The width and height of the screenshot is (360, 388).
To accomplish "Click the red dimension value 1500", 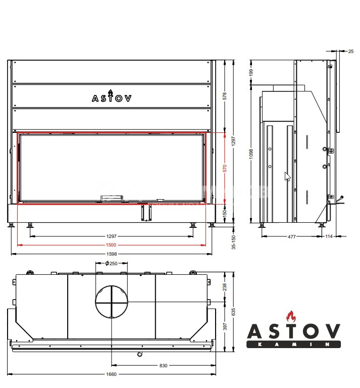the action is coord(111,245).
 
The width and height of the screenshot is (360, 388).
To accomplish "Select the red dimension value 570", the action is coord(225,168).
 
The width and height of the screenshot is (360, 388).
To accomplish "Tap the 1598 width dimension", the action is coord(112,254).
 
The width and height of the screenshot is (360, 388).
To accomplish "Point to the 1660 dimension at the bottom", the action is coord(111,374).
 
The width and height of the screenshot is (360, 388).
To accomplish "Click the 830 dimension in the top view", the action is coord(163,365).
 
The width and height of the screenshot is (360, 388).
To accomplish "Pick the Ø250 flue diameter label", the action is coord(111,264).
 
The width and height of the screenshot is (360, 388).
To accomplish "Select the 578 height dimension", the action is coord(225,96).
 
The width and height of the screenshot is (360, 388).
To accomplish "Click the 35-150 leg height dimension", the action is coord(234,242).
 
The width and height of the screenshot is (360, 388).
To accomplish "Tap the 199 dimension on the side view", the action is coord(251,73).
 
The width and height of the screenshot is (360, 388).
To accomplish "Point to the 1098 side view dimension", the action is coord(251,154).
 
